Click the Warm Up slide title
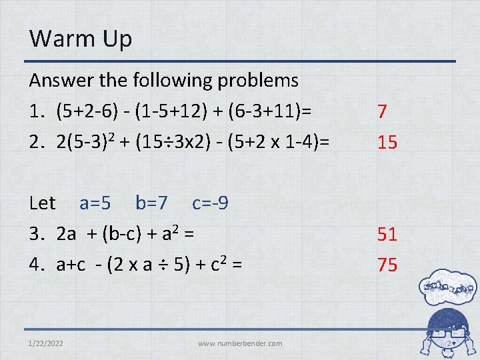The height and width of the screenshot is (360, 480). point(81,38)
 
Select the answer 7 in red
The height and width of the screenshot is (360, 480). point(381,111)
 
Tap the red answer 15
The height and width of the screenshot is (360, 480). point(387,142)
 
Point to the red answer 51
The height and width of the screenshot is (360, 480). point(387,234)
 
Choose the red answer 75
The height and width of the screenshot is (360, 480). point(387,265)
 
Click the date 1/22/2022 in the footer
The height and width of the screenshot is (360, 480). point(47,343)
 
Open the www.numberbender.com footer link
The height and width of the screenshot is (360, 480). point(240,343)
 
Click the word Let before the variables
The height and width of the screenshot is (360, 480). point(43,203)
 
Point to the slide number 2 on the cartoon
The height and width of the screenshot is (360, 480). point(450,345)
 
